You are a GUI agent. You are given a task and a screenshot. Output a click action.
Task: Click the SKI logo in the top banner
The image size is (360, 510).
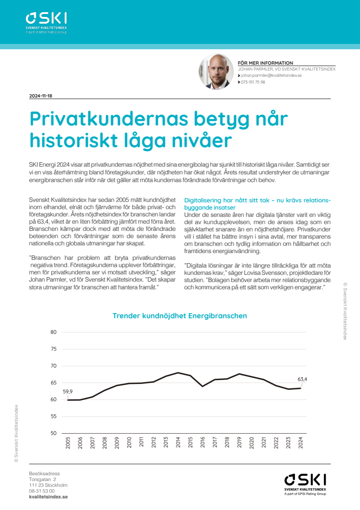(x=46, y=22)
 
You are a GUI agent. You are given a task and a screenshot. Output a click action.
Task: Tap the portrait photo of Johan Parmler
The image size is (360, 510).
(x=217, y=71)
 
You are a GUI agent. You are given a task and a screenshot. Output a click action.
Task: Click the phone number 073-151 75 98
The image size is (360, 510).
(x=253, y=82)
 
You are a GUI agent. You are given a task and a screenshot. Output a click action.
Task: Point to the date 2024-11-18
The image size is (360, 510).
(x=41, y=96)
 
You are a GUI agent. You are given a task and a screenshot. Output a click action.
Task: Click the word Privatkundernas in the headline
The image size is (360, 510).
(x=107, y=119)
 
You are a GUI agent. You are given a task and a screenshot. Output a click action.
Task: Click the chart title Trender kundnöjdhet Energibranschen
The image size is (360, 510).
(x=180, y=316)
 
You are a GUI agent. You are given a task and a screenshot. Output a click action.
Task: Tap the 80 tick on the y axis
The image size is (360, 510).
(x=53, y=332)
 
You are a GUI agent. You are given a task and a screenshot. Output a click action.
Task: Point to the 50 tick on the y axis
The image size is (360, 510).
(x=53, y=433)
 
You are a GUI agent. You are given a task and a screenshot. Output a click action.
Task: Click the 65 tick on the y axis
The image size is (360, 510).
(x=53, y=382)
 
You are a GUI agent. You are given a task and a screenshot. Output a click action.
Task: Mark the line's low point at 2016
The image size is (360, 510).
(x=203, y=386)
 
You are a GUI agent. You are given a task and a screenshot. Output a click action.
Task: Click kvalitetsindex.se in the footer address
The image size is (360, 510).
(x=48, y=496)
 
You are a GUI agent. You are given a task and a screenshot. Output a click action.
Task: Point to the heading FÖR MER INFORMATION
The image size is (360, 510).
(x=265, y=63)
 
